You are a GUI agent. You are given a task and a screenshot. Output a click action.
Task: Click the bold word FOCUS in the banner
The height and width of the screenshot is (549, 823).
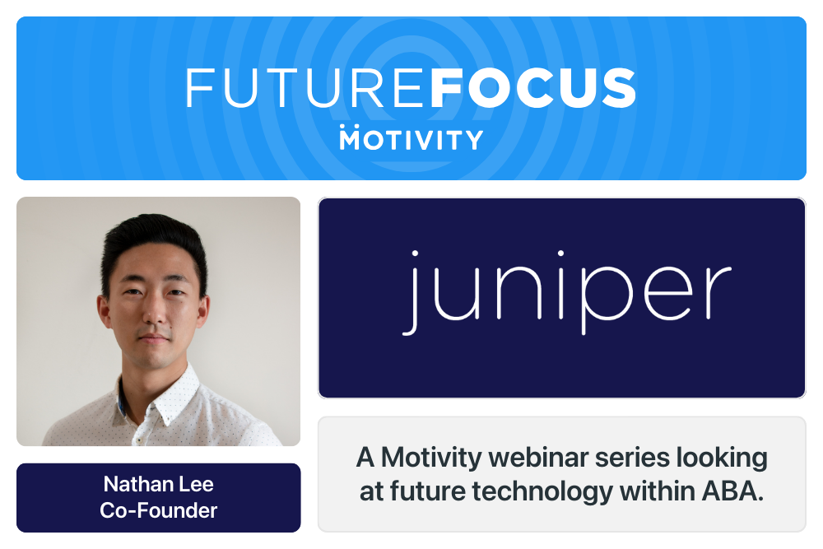click(x=532, y=88)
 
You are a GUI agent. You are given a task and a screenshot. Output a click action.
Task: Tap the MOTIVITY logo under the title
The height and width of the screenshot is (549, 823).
click(x=411, y=138)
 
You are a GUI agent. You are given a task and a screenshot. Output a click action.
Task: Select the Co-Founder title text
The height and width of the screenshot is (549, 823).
click(x=158, y=510)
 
